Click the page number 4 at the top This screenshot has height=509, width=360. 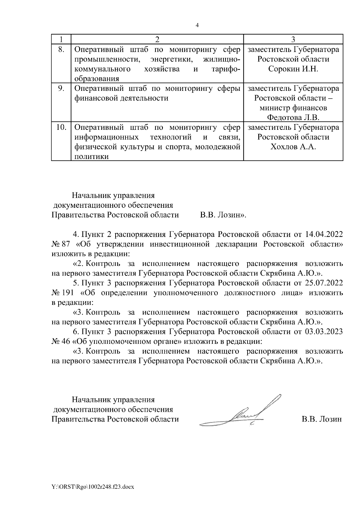click(197, 25)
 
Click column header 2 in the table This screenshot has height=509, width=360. click(157, 40)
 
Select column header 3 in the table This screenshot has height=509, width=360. click(293, 40)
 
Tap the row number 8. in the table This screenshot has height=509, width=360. click(61, 49)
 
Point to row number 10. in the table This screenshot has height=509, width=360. click(61, 127)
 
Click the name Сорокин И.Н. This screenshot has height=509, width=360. click(293, 69)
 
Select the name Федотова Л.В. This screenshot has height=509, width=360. click(293, 117)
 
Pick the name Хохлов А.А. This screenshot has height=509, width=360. click(293, 147)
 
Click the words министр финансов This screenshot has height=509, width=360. click(293, 108)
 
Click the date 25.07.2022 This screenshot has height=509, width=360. click(324, 283)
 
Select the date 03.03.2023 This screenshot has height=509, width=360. click(324, 332)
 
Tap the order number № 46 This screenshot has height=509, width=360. click(60, 341)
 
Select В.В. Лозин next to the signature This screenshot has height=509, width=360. click(321, 419)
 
